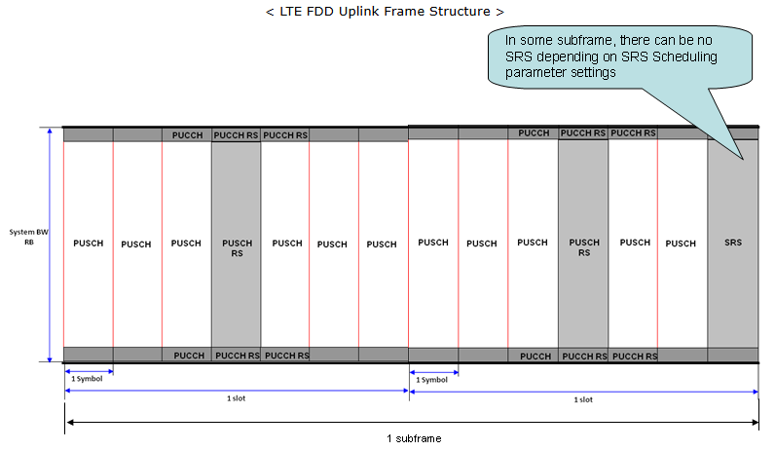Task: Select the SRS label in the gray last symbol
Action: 733,243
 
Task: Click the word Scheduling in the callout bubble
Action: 681,56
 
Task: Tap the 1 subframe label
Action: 413,438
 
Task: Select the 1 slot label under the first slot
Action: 236,398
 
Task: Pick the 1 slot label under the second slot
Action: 582,398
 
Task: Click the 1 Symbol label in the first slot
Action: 88,379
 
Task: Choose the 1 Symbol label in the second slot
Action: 432,379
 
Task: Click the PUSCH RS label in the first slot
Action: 237,249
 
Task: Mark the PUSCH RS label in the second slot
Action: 583,248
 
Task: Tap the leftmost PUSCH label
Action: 89,244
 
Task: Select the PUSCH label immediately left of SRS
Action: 682,244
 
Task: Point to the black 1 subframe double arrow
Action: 292,423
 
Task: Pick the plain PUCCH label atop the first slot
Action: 187,134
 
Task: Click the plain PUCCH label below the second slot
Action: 535,356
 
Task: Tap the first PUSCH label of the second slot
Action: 433,243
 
